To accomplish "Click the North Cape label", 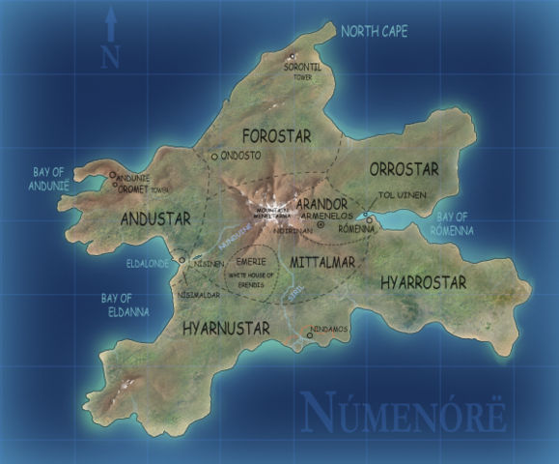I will (375, 32).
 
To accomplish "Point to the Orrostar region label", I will (404, 168).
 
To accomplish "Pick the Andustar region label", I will (155, 219).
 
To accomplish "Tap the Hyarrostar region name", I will (423, 282).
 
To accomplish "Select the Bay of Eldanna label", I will (125, 304).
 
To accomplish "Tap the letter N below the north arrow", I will (110, 55).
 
